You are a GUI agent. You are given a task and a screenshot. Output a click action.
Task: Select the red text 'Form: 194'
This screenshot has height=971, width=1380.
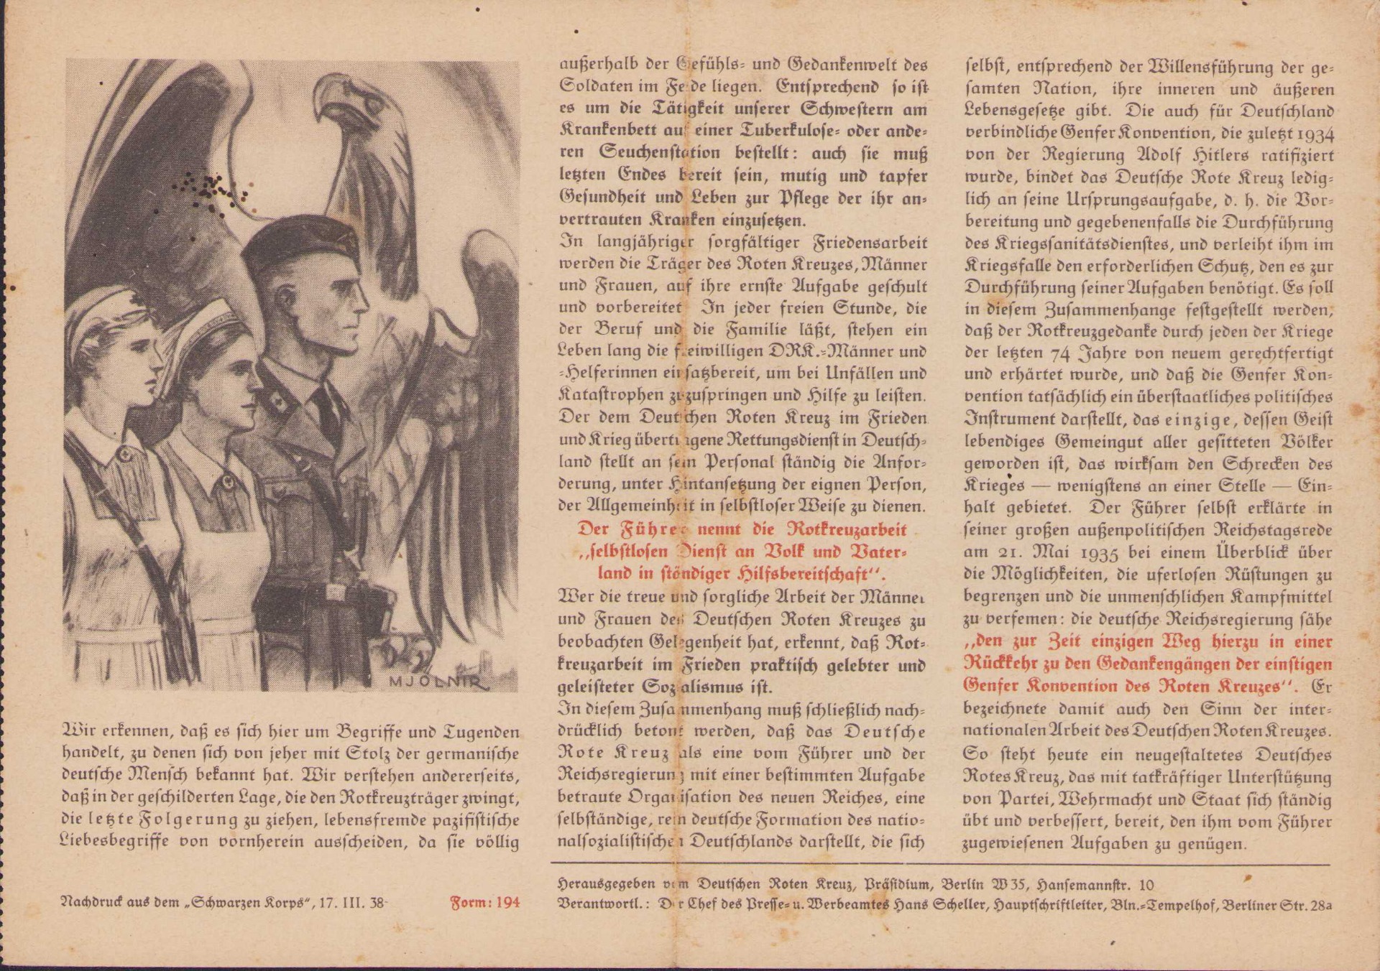(x=484, y=903)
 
